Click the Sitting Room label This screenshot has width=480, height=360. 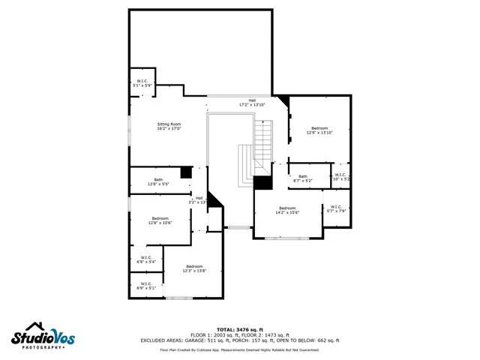pyautogui.click(x=169, y=126)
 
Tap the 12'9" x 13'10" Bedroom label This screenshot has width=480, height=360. pyautogui.click(x=320, y=130)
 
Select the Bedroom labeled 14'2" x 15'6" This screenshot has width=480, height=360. pyautogui.click(x=288, y=210)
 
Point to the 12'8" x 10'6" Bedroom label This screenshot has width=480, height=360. pyautogui.click(x=160, y=220)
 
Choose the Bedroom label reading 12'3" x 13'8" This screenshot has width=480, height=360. pyautogui.click(x=194, y=268)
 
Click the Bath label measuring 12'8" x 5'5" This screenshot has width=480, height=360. pyautogui.click(x=158, y=181)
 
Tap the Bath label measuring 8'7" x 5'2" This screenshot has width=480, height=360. pyautogui.click(x=302, y=178)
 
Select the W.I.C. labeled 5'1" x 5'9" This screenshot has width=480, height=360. pyautogui.click(x=142, y=83)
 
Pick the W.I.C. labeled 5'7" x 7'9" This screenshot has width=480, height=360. pyautogui.click(x=335, y=208)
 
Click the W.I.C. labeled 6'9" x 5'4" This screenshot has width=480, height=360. pyautogui.click(x=145, y=259)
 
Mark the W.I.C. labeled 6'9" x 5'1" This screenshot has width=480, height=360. pyautogui.click(x=145, y=286)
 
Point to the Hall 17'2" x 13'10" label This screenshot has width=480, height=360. pyautogui.click(x=252, y=103)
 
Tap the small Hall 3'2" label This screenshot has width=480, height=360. pyautogui.click(x=199, y=200)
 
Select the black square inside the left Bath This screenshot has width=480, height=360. pyautogui.click(x=186, y=172)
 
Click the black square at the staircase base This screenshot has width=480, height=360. pyautogui.click(x=262, y=182)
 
